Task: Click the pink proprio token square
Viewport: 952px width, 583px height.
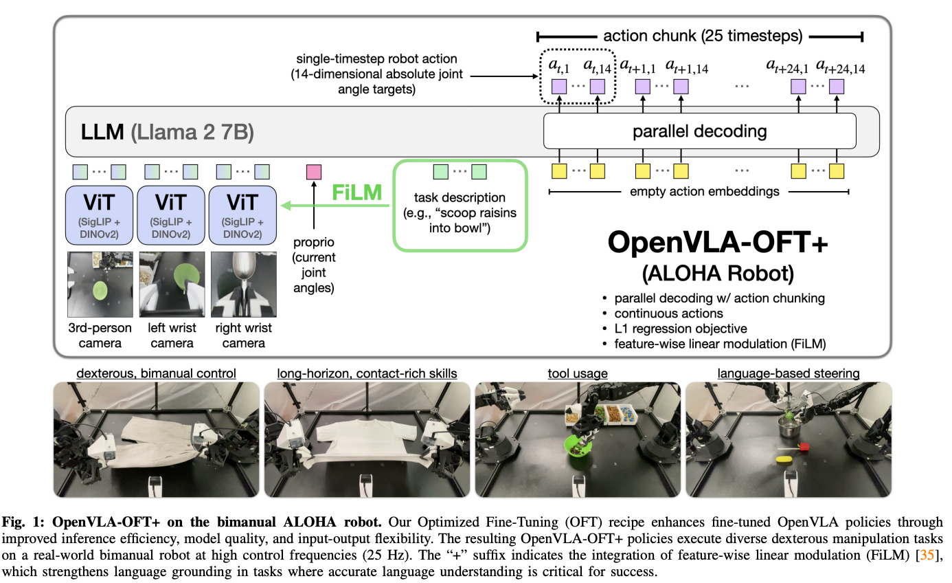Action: (x=314, y=173)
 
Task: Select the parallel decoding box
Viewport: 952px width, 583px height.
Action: (x=699, y=131)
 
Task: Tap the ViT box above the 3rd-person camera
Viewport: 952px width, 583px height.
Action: (x=99, y=215)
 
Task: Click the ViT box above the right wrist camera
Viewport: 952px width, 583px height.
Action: (x=242, y=215)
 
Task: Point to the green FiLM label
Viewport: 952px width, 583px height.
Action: (x=356, y=192)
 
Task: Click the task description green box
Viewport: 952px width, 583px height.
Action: (x=460, y=206)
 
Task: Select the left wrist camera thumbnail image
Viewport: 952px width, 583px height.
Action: (x=172, y=285)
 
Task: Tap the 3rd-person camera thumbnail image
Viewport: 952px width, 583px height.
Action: (x=100, y=285)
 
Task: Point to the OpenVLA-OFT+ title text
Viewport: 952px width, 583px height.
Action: (x=718, y=243)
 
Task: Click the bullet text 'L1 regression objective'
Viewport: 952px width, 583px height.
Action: (x=681, y=329)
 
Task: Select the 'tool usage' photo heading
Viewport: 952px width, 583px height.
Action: (x=578, y=373)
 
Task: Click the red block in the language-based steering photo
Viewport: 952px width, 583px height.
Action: (x=804, y=446)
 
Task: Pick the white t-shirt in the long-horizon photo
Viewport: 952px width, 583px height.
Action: (x=366, y=437)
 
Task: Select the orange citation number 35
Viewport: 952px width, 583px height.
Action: (x=927, y=555)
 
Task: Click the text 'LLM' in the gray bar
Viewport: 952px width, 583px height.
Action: (x=102, y=132)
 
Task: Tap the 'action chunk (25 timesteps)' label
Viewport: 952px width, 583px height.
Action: (x=703, y=36)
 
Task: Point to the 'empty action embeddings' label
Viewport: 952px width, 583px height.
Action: (x=704, y=191)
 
